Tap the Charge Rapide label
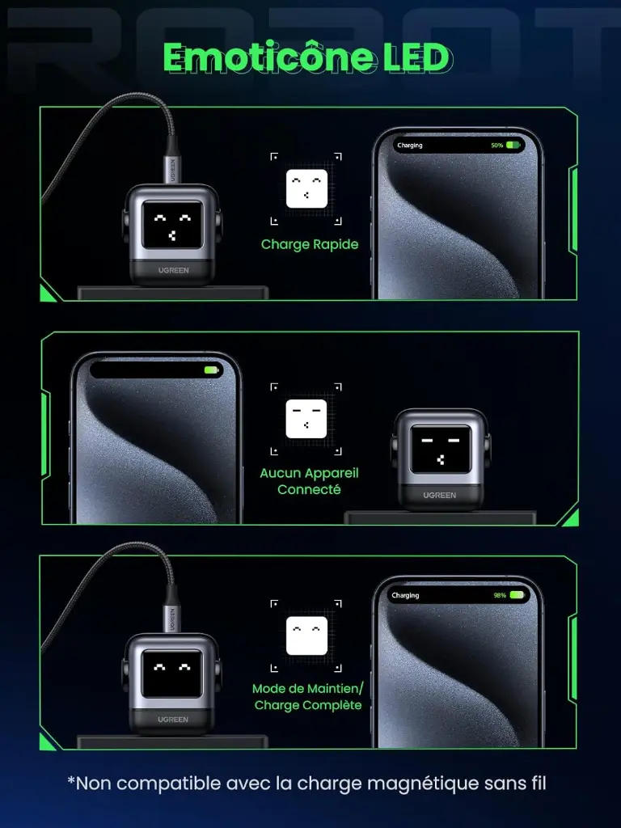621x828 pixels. pyautogui.click(x=310, y=244)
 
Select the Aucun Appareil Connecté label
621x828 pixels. pyautogui.click(x=309, y=481)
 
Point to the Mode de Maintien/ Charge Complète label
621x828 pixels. pyautogui.click(x=308, y=696)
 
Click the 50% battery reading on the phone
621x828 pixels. pyautogui.click(x=497, y=146)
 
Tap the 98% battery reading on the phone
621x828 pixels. pyautogui.click(x=500, y=595)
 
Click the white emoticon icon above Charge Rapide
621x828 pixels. pyautogui.click(x=306, y=188)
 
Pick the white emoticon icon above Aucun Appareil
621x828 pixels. pyautogui.click(x=306, y=419)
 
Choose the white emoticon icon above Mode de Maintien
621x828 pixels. pyautogui.click(x=306, y=636)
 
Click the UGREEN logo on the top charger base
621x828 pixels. pyautogui.click(x=173, y=270)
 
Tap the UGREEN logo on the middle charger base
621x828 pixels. pyautogui.click(x=439, y=495)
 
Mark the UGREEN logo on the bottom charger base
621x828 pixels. pyautogui.click(x=173, y=719)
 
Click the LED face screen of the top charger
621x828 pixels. pyautogui.click(x=173, y=225)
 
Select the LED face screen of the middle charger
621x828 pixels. pyautogui.click(x=441, y=450)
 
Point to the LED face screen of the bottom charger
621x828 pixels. pyautogui.click(x=172, y=674)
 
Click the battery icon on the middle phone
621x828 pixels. pyautogui.click(x=211, y=370)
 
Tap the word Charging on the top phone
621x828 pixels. pyautogui.click(x=410, y=146)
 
